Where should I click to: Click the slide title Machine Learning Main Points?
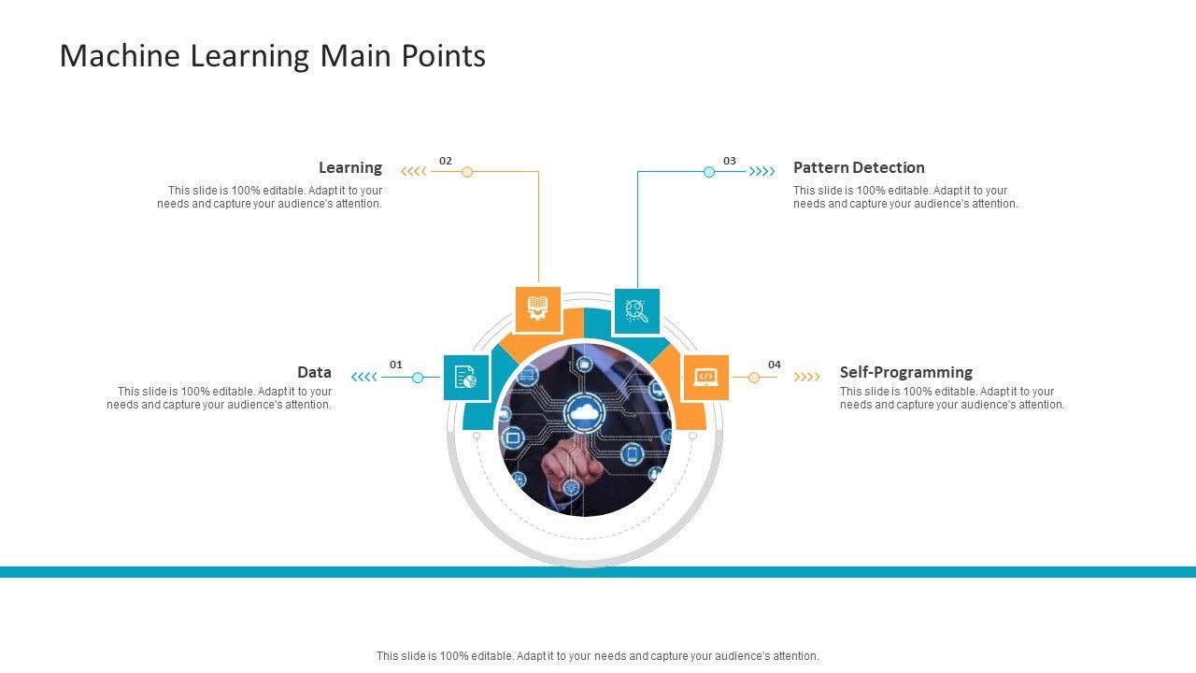(x=272, y=56)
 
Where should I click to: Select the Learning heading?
(x=350, y=168)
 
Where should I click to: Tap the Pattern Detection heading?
(x=859, y=168)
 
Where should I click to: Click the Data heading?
(x=314, y=372)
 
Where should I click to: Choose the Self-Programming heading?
(x=905, y=372)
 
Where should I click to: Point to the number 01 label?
(x=396, y=365)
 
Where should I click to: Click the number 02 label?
(x=446, y=161)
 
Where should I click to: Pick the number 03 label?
(x=730, y=161)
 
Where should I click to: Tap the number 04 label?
(x=775, y=365)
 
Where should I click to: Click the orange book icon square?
(x=538, y=309)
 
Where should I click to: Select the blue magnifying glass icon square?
(x=637, y=311)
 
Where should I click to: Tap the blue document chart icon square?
(x=466, y=378)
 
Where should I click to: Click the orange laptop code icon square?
(x=706, y=378)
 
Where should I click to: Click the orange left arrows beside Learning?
(x=413, y=172)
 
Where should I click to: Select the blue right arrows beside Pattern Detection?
(x=762, y=172)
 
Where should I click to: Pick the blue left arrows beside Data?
(x=363, y=378)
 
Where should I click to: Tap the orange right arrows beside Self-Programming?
(x=806, y=378)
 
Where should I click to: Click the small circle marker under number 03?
(x=709, y=172)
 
